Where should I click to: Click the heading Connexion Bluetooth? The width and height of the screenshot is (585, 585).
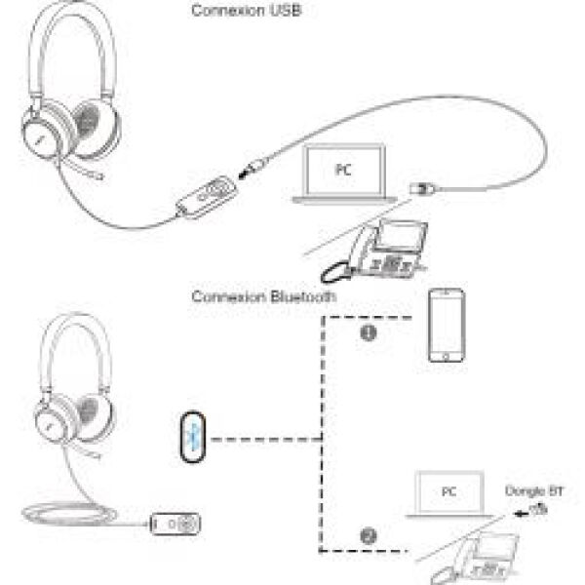(263, 295)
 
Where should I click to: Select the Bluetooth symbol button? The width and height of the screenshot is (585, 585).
(194, 436)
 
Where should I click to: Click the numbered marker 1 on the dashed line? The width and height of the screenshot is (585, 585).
(369, 332)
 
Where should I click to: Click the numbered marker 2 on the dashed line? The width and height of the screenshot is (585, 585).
(368, 535)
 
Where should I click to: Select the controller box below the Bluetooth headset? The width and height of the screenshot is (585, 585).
(176, 523)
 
